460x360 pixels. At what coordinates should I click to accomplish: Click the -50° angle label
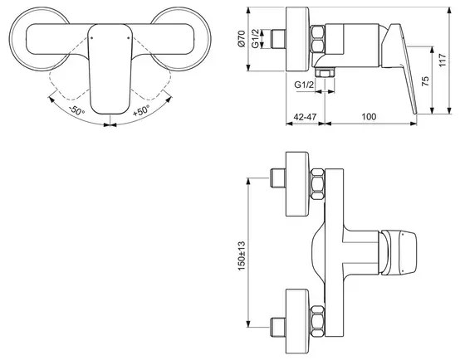[x=77, y=110]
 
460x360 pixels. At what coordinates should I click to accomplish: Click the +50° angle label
[x=141, y=110]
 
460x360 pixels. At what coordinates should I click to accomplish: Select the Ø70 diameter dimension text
[x=241, y=39]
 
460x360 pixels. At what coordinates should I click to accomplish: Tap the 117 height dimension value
[x=443, y=60]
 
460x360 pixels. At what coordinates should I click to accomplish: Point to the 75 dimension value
[x=425, y=81]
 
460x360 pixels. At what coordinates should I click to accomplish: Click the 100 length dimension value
[x=369, y=117]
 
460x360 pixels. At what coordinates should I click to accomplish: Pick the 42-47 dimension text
[x=305, y=117]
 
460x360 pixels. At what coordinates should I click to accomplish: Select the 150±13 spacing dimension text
[x=241, y=256]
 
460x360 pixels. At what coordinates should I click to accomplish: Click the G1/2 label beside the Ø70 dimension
[x=255, y=38]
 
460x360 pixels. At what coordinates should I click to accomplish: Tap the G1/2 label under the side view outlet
[x=304, y=85]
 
